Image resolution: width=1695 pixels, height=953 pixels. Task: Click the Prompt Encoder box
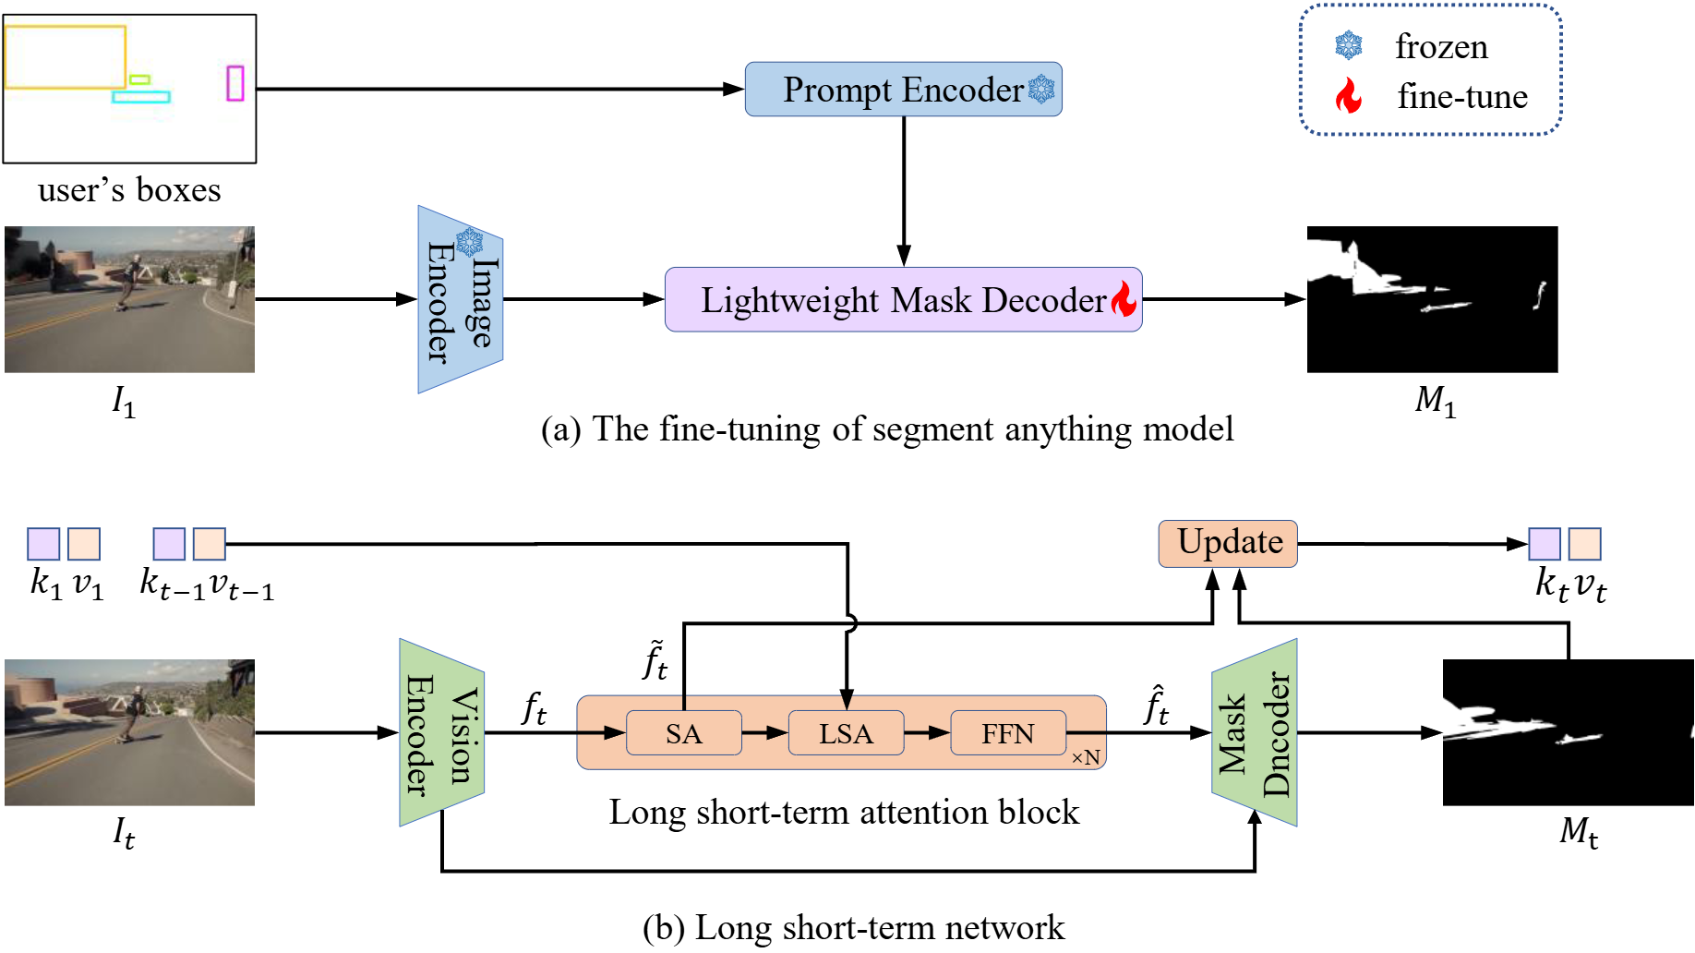click(x=902, y=90)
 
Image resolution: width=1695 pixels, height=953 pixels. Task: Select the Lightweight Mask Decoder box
click(x=902, y=299)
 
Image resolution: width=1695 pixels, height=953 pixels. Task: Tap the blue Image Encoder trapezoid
click(x=460, y=299)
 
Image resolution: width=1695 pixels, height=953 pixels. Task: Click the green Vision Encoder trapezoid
click(x=441, y=732)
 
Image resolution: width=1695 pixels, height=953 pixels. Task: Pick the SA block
click(x=683, y=733)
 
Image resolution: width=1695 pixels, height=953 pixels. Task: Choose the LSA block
click(x=846, y=733)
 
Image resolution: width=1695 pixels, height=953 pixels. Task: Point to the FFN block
click(x=1007, y=733)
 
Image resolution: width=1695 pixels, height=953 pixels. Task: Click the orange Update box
click(x=1228, y=543)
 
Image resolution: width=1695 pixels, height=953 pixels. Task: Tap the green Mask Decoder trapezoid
click(x=1254, y=732)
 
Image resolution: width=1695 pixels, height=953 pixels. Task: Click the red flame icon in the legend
click(x=1349, y=95)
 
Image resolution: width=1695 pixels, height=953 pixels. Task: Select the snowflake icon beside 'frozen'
click(x=1349, y=45)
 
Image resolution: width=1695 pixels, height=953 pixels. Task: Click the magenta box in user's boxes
click(x=235, y=83)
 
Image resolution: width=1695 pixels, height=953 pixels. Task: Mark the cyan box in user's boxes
click(x=141, y=96)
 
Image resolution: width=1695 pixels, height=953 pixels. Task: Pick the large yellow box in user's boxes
click(x=66, y=57)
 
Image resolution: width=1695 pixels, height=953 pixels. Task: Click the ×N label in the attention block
click(x=1086, y=758)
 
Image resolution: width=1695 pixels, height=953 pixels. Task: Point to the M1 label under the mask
click(x=1435, y=401)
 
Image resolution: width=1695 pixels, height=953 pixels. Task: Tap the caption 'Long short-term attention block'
click(x=844, y=812)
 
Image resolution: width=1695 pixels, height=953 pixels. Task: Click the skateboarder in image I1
click(x=132, y=281)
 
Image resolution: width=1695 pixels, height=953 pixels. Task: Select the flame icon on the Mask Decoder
click(x=1124, y=299)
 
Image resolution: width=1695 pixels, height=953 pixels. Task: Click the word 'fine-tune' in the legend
click(x=1461, y=96)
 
